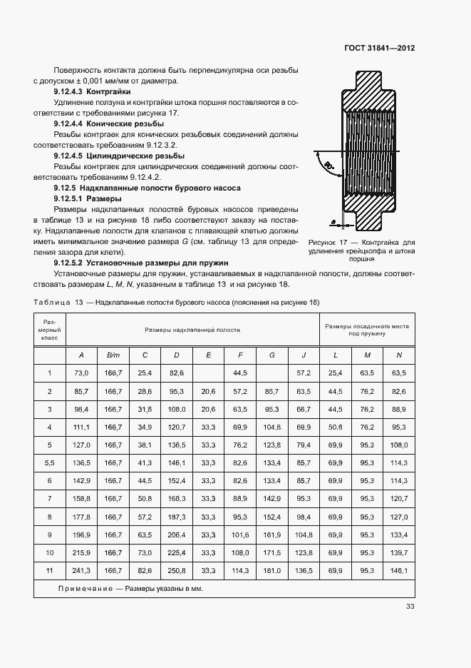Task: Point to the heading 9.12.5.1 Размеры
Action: tap(87, 198)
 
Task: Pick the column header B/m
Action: tap(113, 355)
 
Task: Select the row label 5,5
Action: tap(50, 463)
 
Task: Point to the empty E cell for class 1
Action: tap(208, 373)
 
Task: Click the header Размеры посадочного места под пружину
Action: tap(367, 329)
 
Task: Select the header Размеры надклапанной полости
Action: tap(192, 330)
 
